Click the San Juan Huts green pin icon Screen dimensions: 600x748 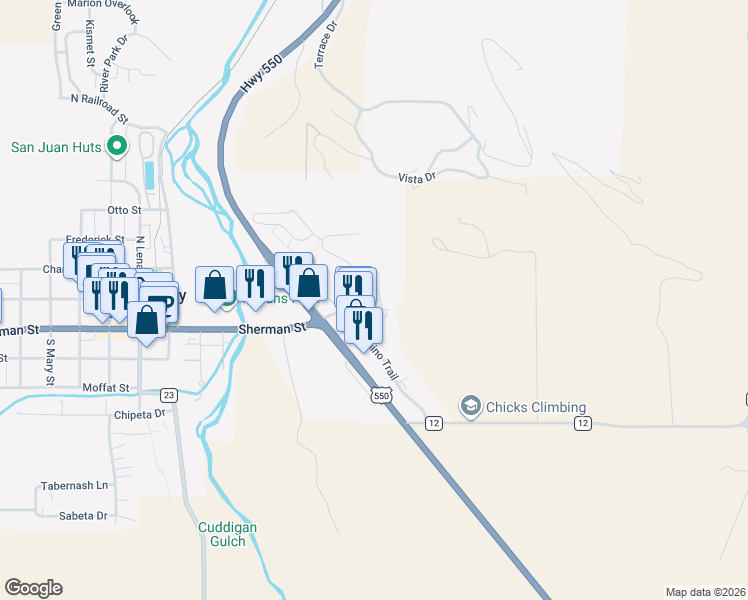pos(117,147)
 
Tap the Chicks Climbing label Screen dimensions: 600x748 pos(536,407)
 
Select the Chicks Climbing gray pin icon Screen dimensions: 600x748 pos(469,406)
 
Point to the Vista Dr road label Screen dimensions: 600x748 pos(418,178)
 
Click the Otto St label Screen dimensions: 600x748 pos(125,211)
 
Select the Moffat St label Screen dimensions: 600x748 pos(106,387)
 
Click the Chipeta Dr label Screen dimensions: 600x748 pos(139,413)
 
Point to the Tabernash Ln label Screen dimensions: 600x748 pos(74,486)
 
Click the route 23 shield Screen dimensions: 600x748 pos(169,395)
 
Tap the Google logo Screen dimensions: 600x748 pos(34,588)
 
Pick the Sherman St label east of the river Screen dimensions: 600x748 pos(271,328)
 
